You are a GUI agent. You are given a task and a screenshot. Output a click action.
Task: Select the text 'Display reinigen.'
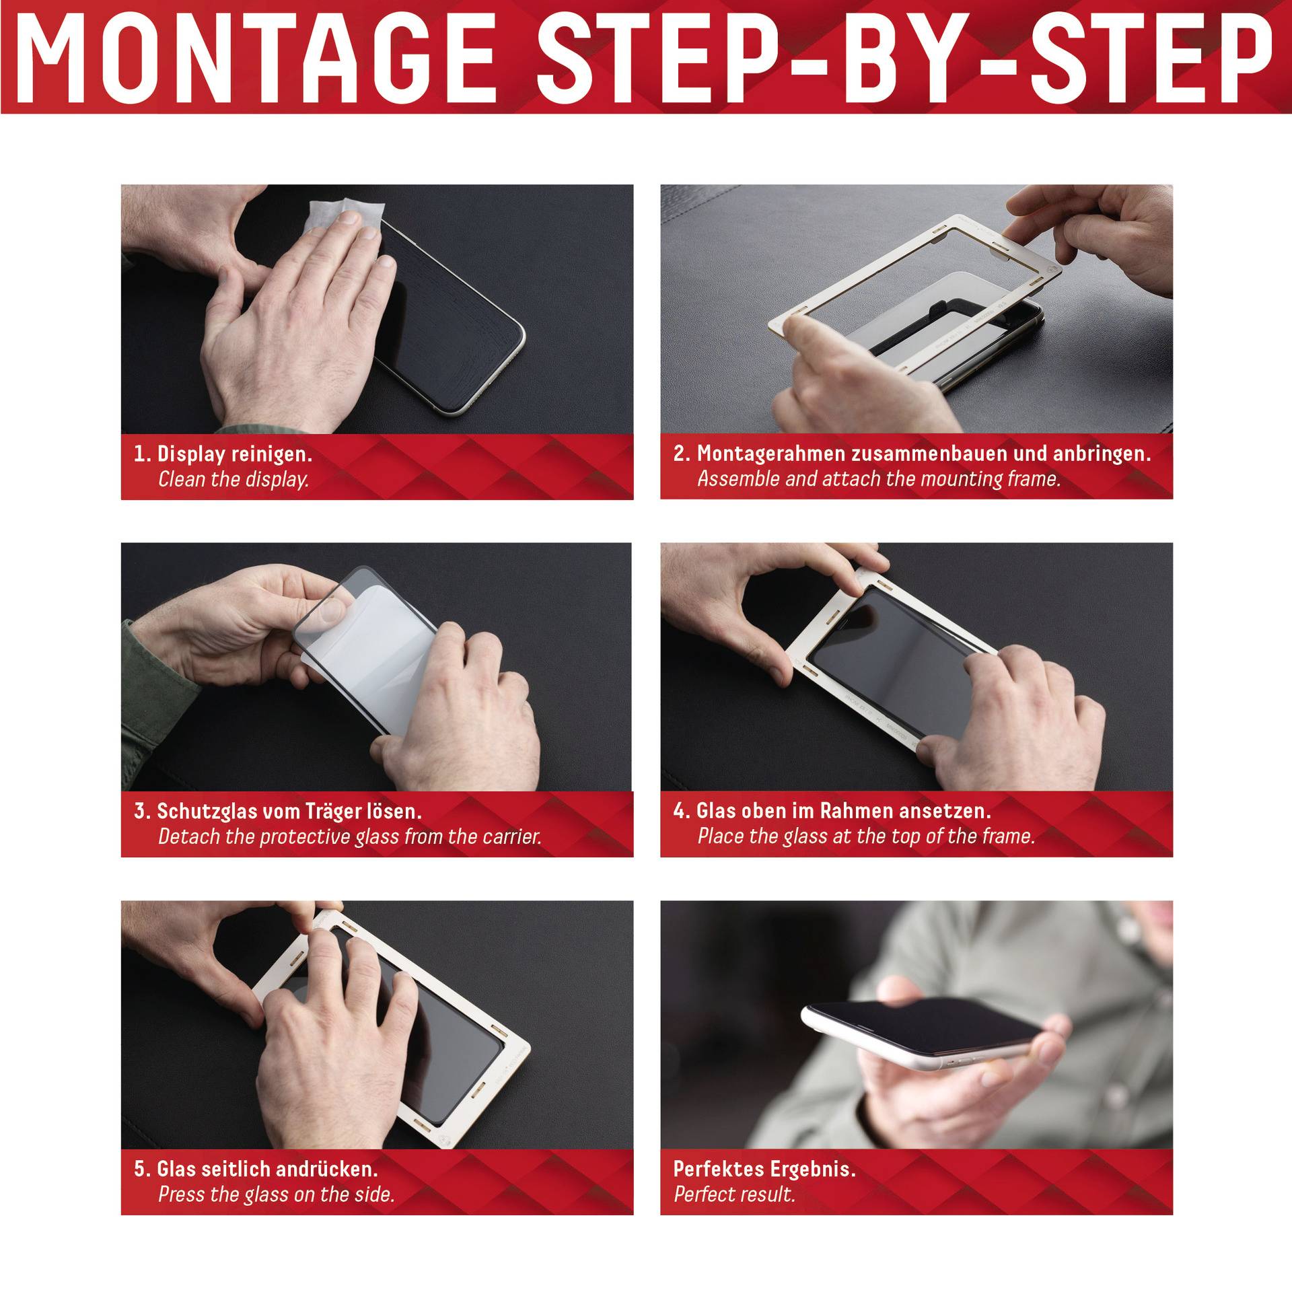(234, 454)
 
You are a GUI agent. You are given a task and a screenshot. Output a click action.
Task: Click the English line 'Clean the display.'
(234, 480)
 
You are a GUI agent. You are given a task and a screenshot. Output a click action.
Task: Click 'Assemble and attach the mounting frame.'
(879, 479)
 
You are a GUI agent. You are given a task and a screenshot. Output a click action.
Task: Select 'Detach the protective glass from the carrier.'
(350, 837)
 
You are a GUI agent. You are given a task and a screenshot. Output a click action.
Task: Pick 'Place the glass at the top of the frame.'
(866, 836)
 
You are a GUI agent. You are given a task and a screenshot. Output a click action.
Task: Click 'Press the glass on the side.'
(276, 1194)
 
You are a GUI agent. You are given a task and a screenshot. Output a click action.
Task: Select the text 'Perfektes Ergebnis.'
(764, 1169)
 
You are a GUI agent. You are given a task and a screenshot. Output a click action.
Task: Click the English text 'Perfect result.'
(734, 1194)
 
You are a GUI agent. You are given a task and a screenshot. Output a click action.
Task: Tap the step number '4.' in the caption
(682, 812)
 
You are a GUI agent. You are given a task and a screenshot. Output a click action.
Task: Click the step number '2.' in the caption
(682, 454)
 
